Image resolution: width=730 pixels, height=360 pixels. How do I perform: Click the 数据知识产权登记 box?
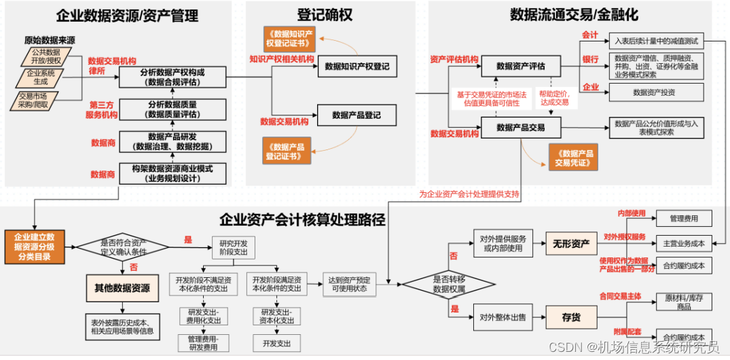point(357,67)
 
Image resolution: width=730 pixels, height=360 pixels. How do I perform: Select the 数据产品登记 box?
point(357,115)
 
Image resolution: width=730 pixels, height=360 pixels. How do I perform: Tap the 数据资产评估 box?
point(520,67)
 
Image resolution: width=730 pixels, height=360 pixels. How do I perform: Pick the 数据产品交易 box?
point(520,127)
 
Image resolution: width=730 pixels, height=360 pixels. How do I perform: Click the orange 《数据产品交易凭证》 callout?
point(573,158)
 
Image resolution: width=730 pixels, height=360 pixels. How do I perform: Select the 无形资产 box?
point(570,245)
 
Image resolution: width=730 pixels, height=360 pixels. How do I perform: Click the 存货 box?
point(570,317)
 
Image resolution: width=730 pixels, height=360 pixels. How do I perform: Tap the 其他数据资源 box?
point(122,288)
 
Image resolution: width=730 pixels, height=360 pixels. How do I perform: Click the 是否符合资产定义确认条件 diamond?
point(123,245)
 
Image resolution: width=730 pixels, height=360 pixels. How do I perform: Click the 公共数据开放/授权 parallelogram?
point(46,56)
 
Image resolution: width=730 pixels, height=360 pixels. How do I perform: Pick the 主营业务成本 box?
point(683,243)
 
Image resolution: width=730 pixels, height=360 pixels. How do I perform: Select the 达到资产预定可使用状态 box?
point(349,284)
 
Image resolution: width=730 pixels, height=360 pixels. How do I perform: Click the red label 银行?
point(590,60)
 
